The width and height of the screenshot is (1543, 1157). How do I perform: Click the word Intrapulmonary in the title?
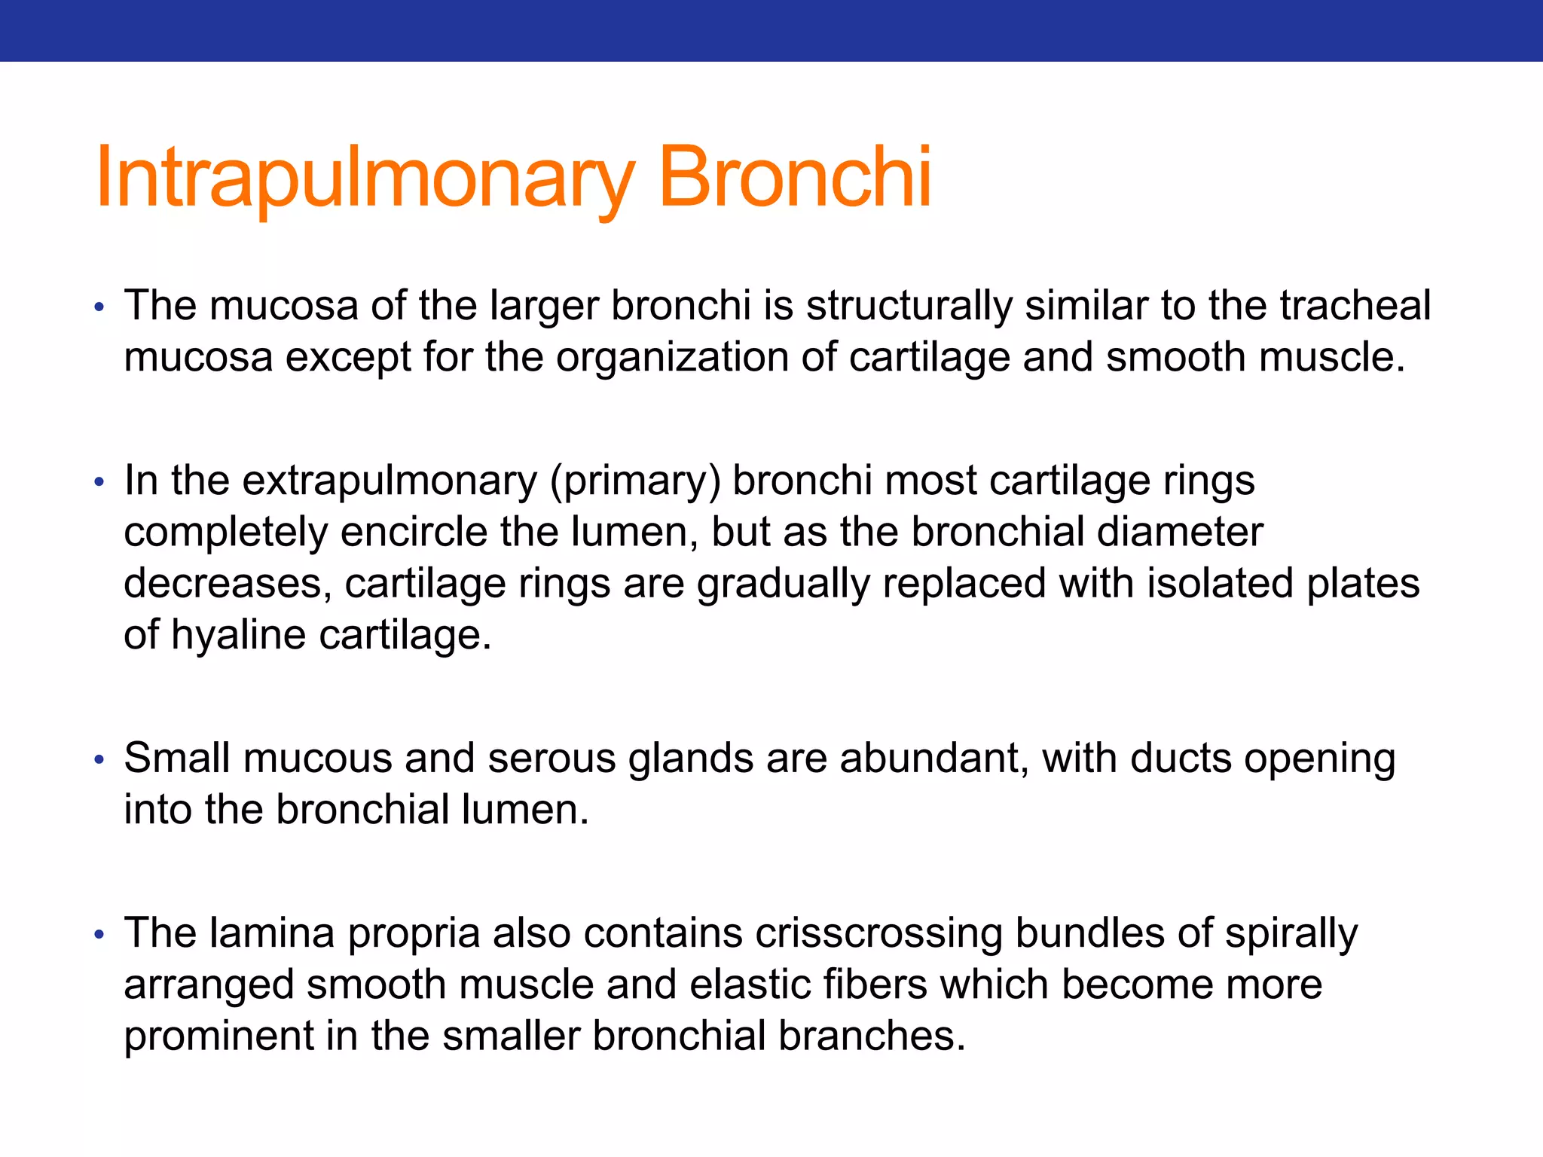(x=365, y=178)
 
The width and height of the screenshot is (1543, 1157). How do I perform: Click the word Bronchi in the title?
(x=795, y=178)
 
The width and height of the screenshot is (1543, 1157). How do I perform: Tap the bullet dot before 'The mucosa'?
(x=99, y=307)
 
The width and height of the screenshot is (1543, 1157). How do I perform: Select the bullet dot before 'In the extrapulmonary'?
(x=99, y=482)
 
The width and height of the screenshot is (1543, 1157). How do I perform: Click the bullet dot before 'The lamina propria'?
(x=99, y=935)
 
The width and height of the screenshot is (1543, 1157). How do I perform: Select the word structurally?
(x=909, y=307)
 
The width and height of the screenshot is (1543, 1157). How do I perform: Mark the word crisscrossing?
(x=878, y=933)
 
